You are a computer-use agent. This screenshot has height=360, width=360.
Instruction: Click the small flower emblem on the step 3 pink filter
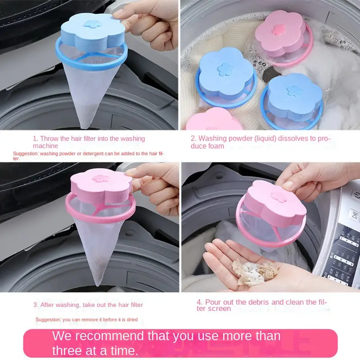pos(100,178)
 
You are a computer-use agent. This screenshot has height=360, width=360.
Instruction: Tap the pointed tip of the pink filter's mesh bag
pos(98,284)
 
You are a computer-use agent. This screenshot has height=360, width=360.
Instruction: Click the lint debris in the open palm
pos(254,272)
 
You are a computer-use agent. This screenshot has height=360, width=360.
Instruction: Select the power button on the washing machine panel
pos(356,195)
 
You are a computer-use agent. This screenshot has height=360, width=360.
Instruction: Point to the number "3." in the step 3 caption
pos(36,305)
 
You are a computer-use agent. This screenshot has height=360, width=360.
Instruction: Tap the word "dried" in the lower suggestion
pos(132,319)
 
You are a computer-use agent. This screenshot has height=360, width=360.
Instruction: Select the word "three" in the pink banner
pos(66,351)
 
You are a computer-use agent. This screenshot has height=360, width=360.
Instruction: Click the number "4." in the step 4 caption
pos(200,302)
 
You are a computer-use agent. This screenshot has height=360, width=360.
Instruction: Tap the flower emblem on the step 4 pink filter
pos(279,197)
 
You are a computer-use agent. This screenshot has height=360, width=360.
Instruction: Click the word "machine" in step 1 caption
pos(45,146)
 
